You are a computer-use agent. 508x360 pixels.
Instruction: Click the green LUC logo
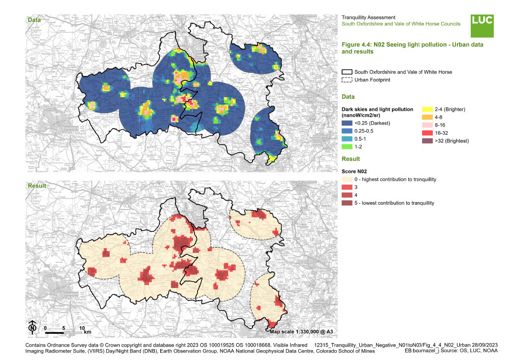pos(482,24)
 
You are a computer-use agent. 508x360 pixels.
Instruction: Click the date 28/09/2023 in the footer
pos(487,344)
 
